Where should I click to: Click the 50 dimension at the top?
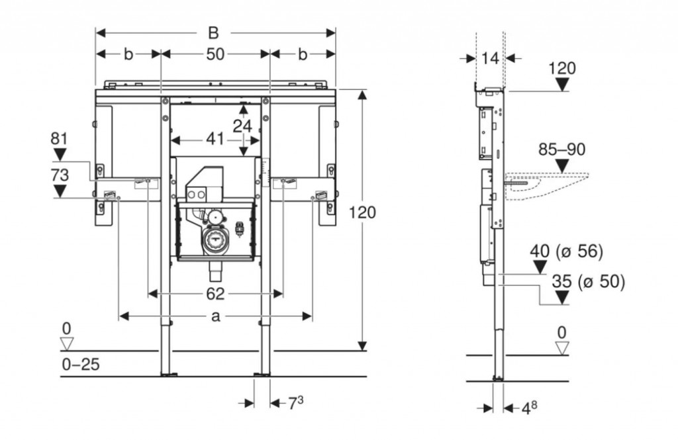pyautogui.click(x=215, y=55)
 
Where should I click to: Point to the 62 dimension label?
pyautogui.click(x=215, y=292)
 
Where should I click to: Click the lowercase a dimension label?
pyautogui.click(x=215, y=317)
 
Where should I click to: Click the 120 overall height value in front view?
pyautogui.click(x=363, y=213)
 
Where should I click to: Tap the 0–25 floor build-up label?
pyautogui.click(x=80, y=365)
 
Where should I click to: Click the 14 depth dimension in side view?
pyautogui.click(x=490, y=58)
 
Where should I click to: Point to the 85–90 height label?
pyautogui.click(x=561, y=150)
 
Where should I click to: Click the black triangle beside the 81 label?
pyautogui.click(x=60, y=155)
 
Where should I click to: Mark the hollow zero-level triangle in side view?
pyautogui.click(x=562, y=348)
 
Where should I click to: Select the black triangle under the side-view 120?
pyautogui.click(x=562, y=84)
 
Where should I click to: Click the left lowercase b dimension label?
pyautogui.click(x=128, y=55)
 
